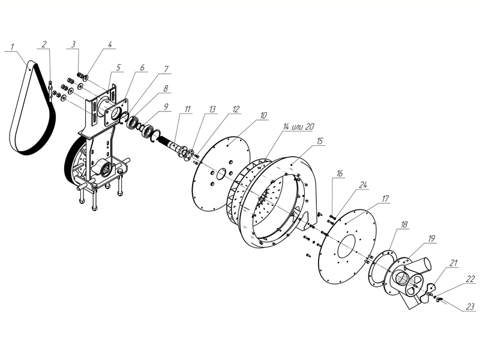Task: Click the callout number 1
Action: click(13, 47)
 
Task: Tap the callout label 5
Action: click(118, 67)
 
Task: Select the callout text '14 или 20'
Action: click(298, 127)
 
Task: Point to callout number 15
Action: click(320, 141)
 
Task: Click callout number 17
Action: click(385, 199)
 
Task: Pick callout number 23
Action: click(470, 307)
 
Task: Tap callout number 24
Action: click(363, 185)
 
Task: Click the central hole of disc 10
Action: click(221, 175)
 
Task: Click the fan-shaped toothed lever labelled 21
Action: click(430, 289)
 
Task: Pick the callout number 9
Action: click(166, 107)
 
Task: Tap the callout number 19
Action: click(431, 238)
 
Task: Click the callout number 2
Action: click(44, 44)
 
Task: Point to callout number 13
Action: click(212, 109)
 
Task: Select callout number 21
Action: click(454, 263)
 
